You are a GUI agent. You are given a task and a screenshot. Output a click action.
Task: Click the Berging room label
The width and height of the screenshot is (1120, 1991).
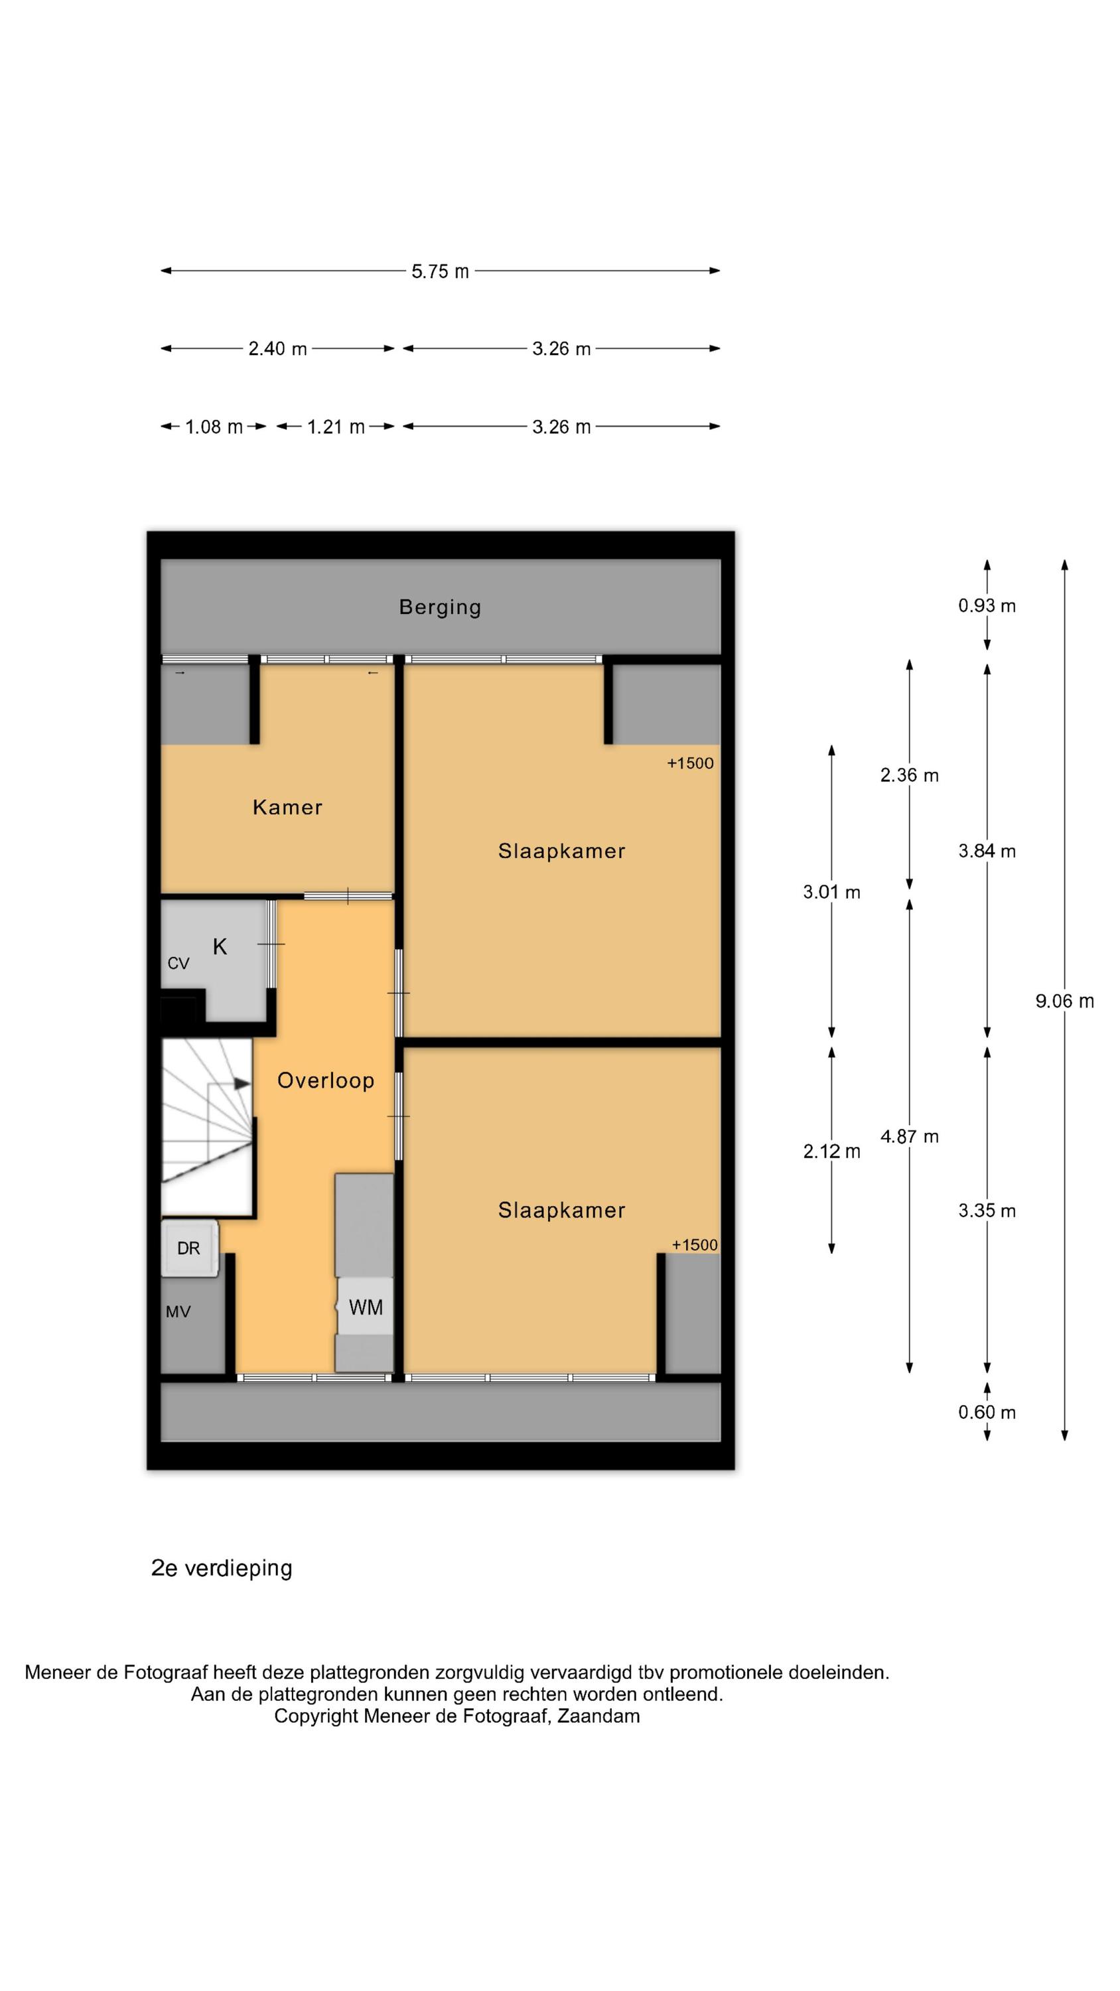click(x=440, y=607)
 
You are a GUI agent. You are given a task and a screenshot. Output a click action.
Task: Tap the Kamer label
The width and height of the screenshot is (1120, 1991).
click(x=287, y=808)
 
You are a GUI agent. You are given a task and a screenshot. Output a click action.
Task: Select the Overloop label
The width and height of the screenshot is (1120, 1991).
click(x=325, y=1080)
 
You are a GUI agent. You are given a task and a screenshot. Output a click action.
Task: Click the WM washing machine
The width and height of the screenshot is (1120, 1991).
click(x=365, y=1307)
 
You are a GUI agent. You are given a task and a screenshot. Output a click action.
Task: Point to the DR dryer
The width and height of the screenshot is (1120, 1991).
click(x=189, y=1248)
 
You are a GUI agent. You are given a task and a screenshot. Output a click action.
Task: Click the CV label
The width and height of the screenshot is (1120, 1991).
click(x=178, y=964)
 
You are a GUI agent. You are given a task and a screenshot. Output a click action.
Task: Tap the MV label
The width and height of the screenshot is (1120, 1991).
click(x=178, y=1311)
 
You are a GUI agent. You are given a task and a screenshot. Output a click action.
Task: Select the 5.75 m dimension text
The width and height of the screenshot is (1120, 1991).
click(x=440, y=271)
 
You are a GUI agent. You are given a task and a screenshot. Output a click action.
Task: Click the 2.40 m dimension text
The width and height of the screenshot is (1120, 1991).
click(x=277, y=348)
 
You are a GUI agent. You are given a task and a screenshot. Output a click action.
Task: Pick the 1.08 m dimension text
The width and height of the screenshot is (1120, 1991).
click(x=214, y=427)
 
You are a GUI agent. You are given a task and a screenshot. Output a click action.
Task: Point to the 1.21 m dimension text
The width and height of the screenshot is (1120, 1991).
click(x=336, y=427)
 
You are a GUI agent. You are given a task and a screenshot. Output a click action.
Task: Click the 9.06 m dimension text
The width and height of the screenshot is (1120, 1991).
click(x=1064, y=1001)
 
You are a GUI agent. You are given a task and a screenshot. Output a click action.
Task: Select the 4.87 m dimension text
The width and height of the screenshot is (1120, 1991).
click(x=910, y=1136)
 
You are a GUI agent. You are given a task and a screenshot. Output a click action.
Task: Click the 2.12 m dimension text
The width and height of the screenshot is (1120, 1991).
click(x=831, y=1151)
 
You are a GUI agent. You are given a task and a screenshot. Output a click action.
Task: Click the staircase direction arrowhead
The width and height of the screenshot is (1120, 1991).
click(x=243, y=1084)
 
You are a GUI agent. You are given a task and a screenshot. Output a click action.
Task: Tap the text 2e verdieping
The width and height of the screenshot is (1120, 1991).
click(x=222, y=1568)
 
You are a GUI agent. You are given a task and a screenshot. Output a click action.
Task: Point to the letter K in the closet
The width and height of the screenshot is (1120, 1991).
click(x=220, y=947)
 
